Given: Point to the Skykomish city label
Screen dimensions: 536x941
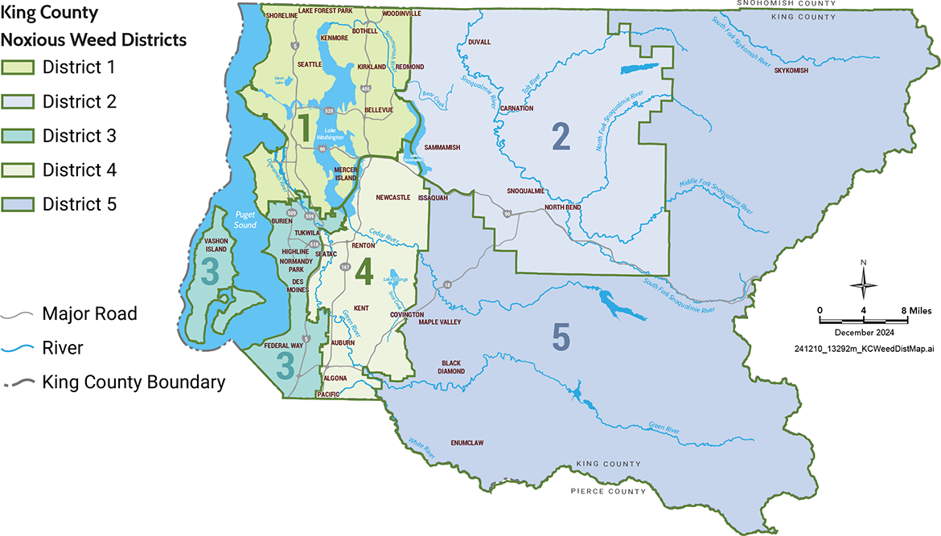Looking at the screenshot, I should coord(790,71).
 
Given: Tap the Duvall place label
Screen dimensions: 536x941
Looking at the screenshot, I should coord(479,43).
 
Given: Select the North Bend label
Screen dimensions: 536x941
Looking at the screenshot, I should coord(562,207).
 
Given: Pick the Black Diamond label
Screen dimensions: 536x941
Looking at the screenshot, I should coord(452,366).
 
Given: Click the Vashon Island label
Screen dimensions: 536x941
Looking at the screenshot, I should coord(216,245).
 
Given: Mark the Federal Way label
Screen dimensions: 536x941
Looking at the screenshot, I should coord(284,346).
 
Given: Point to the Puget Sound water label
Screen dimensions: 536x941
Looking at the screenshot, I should coord(244,219).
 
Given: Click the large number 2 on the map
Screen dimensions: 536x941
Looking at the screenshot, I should coord(561,137).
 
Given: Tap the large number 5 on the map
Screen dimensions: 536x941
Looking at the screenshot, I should coord(561,338).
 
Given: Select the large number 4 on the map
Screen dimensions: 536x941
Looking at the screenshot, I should coord(364,272).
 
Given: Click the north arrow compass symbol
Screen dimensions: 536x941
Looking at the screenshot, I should coord(864,284).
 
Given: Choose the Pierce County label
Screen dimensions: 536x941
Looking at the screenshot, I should coord(608,491).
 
